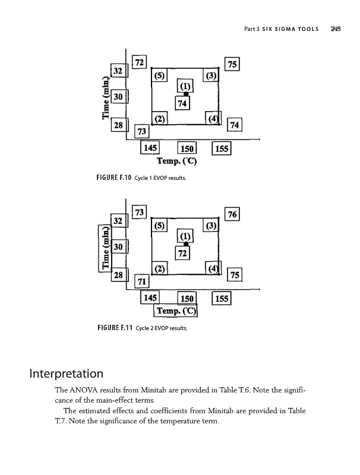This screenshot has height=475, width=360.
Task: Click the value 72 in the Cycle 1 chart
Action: pos(140,62)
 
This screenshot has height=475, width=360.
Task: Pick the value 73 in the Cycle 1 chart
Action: pos(142,130)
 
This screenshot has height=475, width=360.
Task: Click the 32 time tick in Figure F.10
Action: pos(118,71)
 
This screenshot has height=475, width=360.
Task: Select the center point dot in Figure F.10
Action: pos(186,94)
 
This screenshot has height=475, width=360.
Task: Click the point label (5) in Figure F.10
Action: pos(160,76)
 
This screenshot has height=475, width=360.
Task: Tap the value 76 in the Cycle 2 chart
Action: pos(233,214)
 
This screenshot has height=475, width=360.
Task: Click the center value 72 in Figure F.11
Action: pos(183,254)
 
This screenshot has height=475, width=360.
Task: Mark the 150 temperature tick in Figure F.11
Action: pos(187,297)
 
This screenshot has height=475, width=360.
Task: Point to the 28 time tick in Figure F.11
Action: pos(118,275)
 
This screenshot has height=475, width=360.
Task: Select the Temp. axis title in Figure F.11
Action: pos(176,311)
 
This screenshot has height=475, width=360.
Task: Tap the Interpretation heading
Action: pos(66,375)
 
